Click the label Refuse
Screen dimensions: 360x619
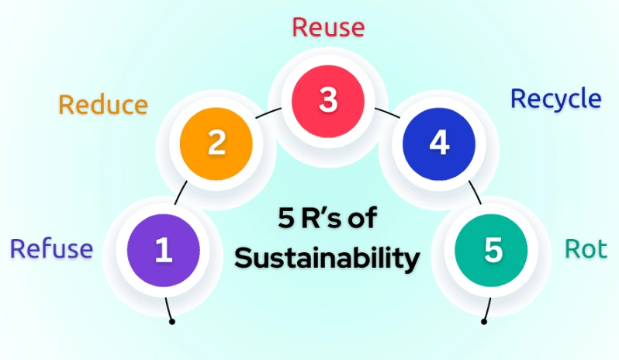click(51, 249)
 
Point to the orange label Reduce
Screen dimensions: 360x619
click(103, 105)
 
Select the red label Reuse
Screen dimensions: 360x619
click(327, 27)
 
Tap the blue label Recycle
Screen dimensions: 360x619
click(555, 99)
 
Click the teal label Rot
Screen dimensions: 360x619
click(586, 249)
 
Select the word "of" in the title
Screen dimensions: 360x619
click(361, 218)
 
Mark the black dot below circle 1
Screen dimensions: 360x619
click(171, 320)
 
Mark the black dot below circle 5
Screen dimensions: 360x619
click(485, 320)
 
